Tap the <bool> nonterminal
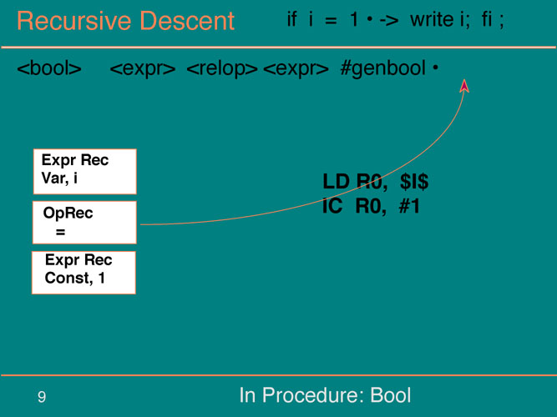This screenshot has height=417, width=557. pos(49,68)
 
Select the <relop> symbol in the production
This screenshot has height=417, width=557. pos(222,68)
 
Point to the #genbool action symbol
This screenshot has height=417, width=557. pos(383,68)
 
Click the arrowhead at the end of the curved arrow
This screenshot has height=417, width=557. pos(464,86)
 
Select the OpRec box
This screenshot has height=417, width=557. pos(84,223)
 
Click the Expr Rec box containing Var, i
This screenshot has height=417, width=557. pos(85,172)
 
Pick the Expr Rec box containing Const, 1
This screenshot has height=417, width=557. pos(84,273)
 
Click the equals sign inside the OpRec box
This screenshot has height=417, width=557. pos(60,233)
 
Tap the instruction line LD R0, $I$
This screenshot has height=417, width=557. pos(376,182)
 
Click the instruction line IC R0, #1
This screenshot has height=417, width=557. pos(372,206)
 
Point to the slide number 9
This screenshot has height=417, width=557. pos(42,397)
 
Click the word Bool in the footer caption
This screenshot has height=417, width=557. pos(391,395)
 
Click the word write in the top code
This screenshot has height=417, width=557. pos(433,19)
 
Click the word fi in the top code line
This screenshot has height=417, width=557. pos(487,19)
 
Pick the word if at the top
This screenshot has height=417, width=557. pos(291,19)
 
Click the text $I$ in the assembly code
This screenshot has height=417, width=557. pos(414,182)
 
